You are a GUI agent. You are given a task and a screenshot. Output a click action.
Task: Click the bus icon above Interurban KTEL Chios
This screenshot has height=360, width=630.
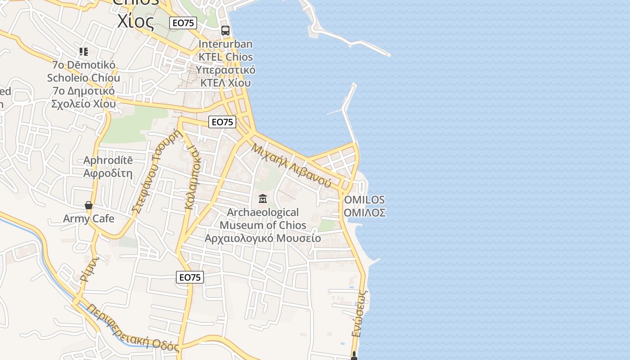[x=225, y=31]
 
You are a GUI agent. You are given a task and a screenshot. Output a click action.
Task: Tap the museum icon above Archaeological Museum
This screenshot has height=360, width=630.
[x=263, y=198]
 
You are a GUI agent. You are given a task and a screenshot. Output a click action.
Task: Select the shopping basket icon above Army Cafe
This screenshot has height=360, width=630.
[x=89, y=205]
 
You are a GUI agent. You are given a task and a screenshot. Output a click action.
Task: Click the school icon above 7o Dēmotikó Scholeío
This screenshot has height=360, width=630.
[x=83, y=52]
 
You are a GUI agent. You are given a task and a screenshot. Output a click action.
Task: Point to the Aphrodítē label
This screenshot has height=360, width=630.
[x=108, y=161]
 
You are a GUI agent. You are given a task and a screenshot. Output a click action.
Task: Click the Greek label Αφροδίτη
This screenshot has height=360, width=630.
[x=108, y=173]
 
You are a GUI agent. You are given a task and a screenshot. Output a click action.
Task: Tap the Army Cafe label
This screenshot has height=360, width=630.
[x=89, y=219]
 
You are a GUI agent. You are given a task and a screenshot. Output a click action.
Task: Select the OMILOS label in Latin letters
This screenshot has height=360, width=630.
[x=364, y=199]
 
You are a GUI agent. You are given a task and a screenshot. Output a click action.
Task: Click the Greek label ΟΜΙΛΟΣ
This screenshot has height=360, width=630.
[x=364, y=212]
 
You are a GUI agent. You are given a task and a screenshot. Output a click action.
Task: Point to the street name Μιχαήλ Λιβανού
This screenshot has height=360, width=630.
[x=291, y=165]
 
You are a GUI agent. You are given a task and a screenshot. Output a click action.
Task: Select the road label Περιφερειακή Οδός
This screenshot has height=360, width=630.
[x=133, y=328]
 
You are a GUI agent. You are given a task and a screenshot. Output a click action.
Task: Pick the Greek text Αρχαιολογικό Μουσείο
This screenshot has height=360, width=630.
[x=263, y=238]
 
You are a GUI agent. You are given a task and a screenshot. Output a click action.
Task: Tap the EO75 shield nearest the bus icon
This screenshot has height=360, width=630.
[x=184, y=22]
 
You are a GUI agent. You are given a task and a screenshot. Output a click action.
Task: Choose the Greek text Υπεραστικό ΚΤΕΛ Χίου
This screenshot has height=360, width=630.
[x=227, y=76]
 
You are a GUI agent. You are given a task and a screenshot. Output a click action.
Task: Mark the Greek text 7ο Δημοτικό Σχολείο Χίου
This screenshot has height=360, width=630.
[x=84, y=97]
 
